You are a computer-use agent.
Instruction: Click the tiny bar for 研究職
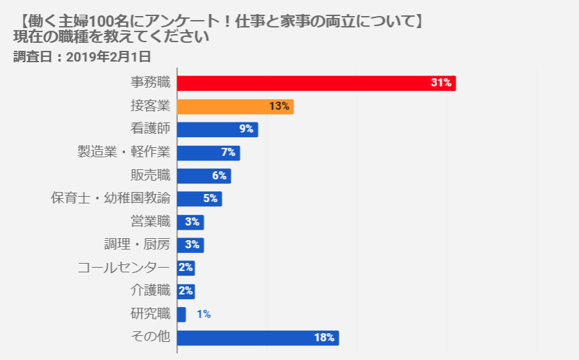tap(181, 314)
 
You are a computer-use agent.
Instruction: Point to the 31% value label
tap(442, 83)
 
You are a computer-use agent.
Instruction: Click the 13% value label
tap(279, 106)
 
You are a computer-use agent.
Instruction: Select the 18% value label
tap(324, 337)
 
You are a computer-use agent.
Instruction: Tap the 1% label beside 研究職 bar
tap(203, 314)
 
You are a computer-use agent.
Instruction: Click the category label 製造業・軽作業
tap(124, 153)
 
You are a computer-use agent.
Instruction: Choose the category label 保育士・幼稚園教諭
tap(110, 199)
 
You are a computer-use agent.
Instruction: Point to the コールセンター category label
tap(123, 268)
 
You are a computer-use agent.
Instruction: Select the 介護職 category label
tap(151, 291)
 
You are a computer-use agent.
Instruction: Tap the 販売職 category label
tap(151, 175)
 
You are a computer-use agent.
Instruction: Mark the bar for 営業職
tap(189, 221)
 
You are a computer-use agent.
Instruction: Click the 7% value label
tap(228, 153)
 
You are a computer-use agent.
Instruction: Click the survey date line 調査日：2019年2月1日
tap(82, 57)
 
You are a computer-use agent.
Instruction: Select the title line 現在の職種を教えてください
tap(111, 37)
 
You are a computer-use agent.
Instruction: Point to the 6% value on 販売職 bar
tap(220, 175)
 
